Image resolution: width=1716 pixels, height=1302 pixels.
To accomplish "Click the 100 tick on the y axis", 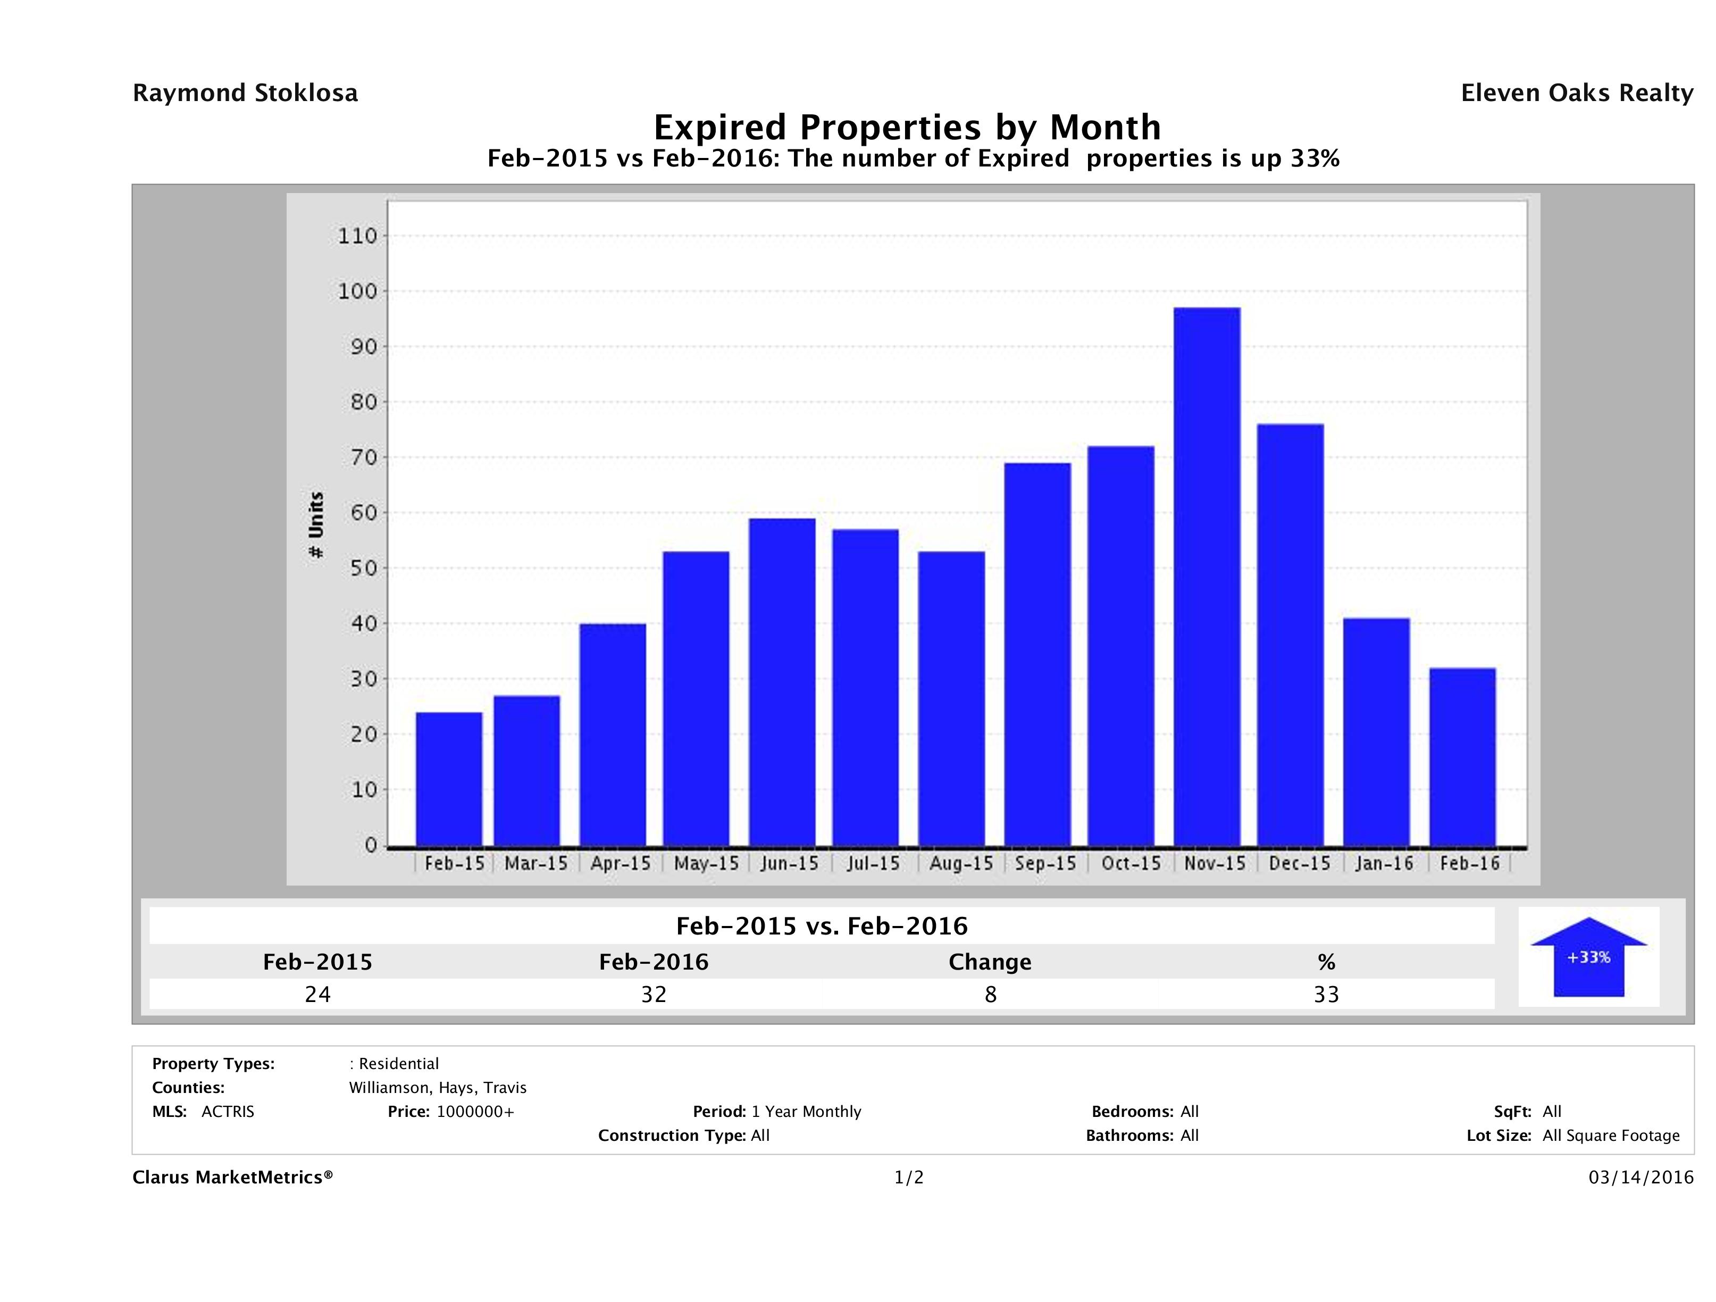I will pyautogui.click(x=358, y=292).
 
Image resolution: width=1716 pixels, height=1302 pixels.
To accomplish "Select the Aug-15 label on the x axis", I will pyautogui.click(x=961, y=864).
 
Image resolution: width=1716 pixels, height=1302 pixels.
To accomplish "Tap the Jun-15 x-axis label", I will pyautogui.click(x=790, y=864).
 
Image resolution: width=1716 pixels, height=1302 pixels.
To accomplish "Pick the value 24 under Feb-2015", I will pyautogui.click(x=318, y=994).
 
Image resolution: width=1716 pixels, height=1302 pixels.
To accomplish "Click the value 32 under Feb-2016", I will pyautogui.click(x=654, y=994).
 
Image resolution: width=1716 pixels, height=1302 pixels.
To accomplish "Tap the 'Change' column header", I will pyautogui.click(x=990, y=962).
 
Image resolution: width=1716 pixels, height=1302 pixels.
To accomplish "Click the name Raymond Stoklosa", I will pyautogui.click(x=245, y=93).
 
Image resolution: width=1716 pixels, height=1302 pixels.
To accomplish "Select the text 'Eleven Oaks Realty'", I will pyautogui.click(x=1576, y=93).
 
